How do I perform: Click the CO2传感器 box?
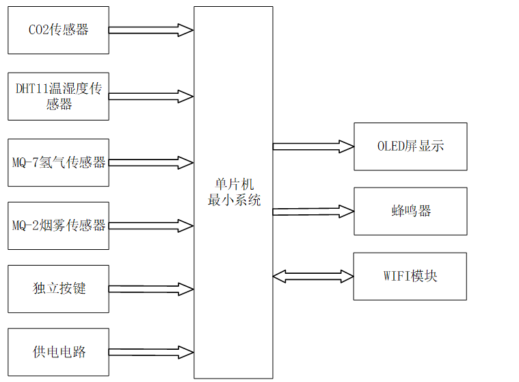[58, 30]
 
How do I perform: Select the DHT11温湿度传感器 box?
[58, 96]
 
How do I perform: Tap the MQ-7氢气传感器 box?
[58, 162]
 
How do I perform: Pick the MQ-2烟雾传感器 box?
[58, 225]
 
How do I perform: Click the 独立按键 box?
[58, 288]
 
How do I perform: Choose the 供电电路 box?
[58, 352]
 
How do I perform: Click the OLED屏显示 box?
[410, 147]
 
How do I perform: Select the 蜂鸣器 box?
[410, 211]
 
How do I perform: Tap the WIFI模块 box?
[410, 276]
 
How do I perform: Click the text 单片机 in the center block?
[233, 186]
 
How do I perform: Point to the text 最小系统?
[233, 201]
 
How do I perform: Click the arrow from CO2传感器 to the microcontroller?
[150, 30]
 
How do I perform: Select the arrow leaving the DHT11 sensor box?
[150, 96]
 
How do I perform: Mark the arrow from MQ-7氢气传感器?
[150, 162]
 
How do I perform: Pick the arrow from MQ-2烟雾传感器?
[150, 225]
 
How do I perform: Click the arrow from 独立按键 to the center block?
[150, 289]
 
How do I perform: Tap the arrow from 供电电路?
[150, 352]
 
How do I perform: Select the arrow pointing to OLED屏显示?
[313, 146]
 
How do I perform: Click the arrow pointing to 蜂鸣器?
[313, 212]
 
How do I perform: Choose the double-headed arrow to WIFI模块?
[313, 276]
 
